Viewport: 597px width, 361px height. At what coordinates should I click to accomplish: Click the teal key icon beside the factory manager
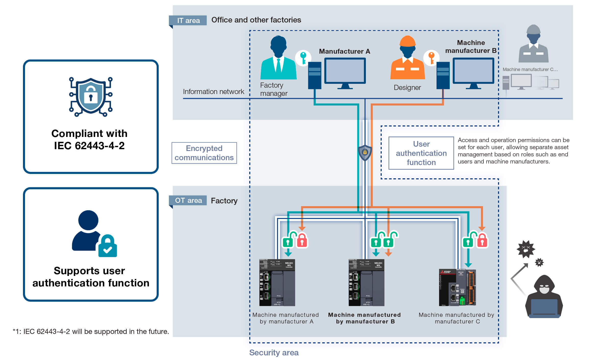click(303, 58)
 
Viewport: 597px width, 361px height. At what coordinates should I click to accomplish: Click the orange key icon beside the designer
click(431, 58)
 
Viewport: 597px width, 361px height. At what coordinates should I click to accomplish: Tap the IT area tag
click(188, 20)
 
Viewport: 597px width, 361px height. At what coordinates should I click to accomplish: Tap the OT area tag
click(188, 200)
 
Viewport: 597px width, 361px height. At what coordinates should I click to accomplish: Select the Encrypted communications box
click(204, 153)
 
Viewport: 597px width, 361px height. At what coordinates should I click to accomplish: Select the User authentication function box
click(421, 153)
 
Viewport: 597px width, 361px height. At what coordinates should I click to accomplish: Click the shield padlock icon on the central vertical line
click(365, 153)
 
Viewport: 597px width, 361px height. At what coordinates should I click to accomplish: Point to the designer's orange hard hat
click(407, 41)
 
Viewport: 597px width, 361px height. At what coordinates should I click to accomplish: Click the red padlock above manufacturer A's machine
click(302, 241)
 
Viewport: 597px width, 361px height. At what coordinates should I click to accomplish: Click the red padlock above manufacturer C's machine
click(482, 241)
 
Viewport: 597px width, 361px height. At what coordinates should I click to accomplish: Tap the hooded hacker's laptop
click(544, 308)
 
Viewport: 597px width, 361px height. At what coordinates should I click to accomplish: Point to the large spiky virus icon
click(526, 249)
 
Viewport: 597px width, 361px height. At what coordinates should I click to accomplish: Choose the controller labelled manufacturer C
click(457, 287)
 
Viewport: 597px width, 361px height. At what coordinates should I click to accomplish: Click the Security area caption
click(274, 353)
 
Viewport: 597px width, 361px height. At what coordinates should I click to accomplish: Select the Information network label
click(213, 91)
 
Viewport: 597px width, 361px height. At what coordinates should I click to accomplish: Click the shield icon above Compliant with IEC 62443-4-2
click(91, 97)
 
